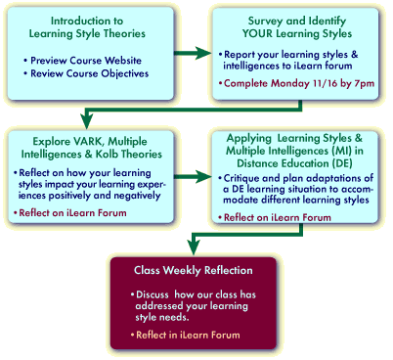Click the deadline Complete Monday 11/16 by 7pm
[298, 83]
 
